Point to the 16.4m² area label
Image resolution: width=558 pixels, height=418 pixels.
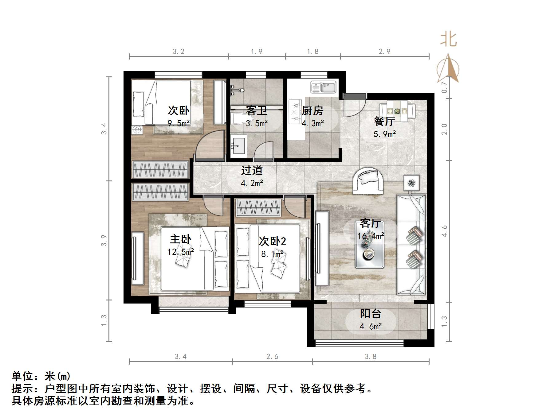click(371, 236)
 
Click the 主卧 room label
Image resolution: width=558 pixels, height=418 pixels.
click(181, 239)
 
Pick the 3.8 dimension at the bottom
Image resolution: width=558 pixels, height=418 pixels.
click(370, 357)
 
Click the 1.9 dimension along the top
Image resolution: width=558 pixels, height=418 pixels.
click(257, 52)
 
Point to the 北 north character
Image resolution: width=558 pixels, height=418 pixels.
click(449, 40)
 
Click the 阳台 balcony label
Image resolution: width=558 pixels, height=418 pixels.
click(371, 314)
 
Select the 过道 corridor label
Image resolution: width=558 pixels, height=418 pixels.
click(252, 170)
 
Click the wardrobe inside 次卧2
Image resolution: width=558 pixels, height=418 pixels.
click(259, 207)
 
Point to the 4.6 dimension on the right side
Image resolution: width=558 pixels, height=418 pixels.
click(445, 231)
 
